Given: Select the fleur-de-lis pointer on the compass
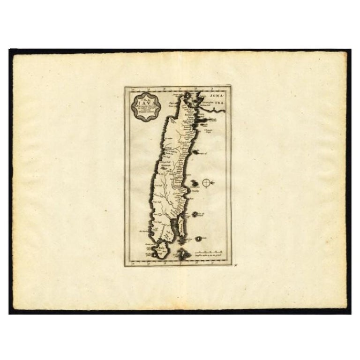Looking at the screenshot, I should pos(213,182).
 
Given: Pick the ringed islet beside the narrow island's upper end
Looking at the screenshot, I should pos(195,214).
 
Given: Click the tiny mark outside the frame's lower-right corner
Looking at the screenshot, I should pos(237,265).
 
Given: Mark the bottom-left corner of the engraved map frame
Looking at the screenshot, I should pos(125,266).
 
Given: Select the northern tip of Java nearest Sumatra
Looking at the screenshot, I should pos(188,96).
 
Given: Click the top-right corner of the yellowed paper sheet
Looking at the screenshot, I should pos(346,52).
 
